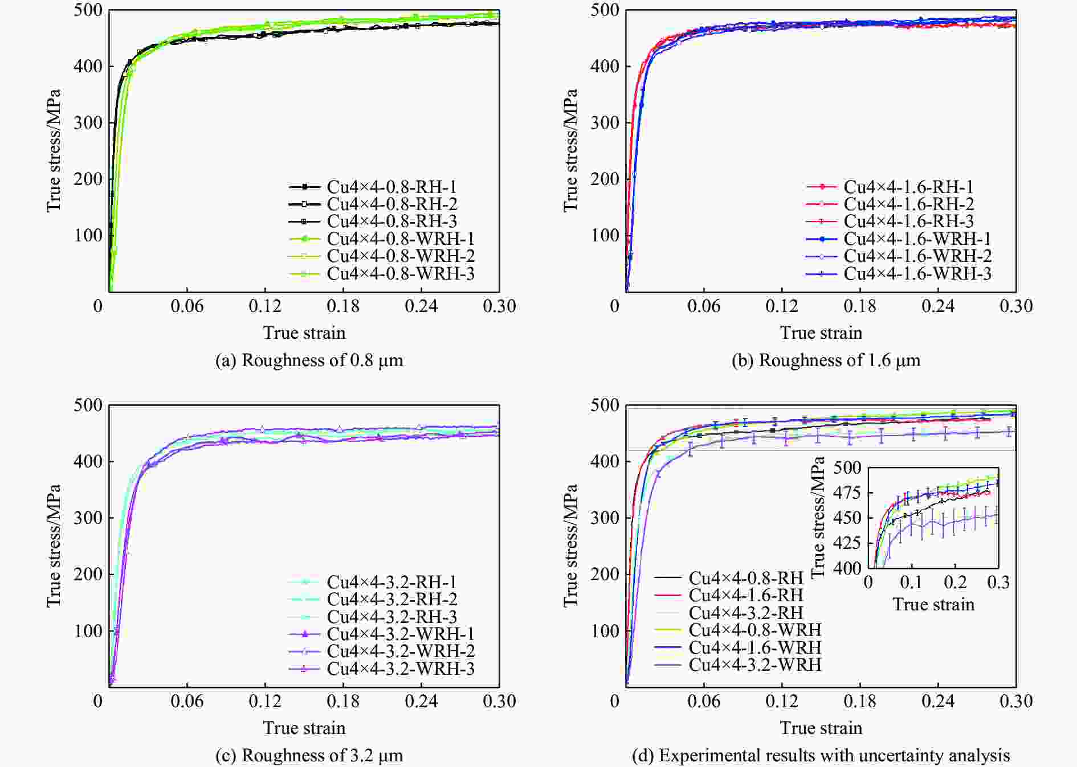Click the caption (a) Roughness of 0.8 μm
[309, 360]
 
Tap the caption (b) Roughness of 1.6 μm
[826, 360]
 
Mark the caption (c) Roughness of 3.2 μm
[309, 756]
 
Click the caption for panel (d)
[821, 756]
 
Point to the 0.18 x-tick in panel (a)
[343, 306]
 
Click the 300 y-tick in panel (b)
[606, 122]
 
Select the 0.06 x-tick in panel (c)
[187, 702]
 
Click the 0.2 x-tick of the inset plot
[955, 583]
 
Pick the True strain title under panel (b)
[821, 333]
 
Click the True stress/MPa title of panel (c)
[54, 545]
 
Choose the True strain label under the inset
[933, 604]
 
